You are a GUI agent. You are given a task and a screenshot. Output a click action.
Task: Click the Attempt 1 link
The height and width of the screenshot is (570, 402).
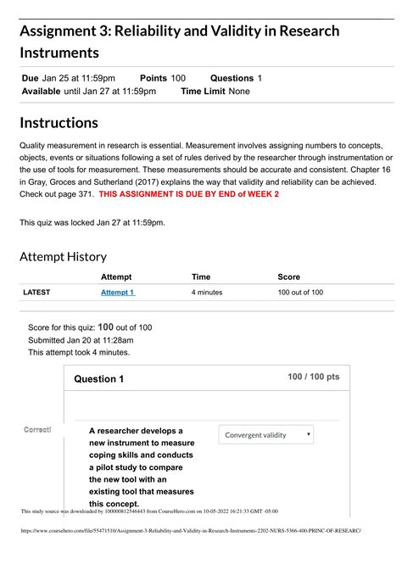pyautogui.click(x=118, y=292)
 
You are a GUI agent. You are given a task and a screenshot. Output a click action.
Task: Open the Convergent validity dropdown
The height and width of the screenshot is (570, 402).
pyautogui.click(x=265, y=435)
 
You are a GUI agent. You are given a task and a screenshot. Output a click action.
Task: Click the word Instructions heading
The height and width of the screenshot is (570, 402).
pyautogui.click(x=59, y=123)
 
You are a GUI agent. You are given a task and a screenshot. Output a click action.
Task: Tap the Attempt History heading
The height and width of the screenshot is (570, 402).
pyautogui.click(x=64, y=256)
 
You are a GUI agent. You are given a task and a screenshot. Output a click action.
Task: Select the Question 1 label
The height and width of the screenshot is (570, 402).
pyautogui.click(x=99, y=379)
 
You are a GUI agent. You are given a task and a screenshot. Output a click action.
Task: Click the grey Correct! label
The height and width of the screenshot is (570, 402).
pyautogui.click(x=37, y=430)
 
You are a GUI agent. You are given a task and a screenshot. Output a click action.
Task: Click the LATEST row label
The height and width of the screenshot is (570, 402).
pyautogui.click(x=36, y=292)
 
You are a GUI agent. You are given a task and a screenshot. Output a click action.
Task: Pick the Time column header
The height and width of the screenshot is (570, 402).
pyautogui.click(x=201, y=277)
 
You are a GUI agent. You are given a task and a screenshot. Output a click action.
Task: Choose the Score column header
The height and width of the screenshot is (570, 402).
pyautogui.click(x=289, y=277)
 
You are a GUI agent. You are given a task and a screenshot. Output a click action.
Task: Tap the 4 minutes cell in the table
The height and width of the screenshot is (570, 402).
pyautogui.click(x=207, y=292)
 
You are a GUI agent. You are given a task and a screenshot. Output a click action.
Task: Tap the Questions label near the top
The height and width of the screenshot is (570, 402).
pyautogui.click(x=232, y=78)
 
